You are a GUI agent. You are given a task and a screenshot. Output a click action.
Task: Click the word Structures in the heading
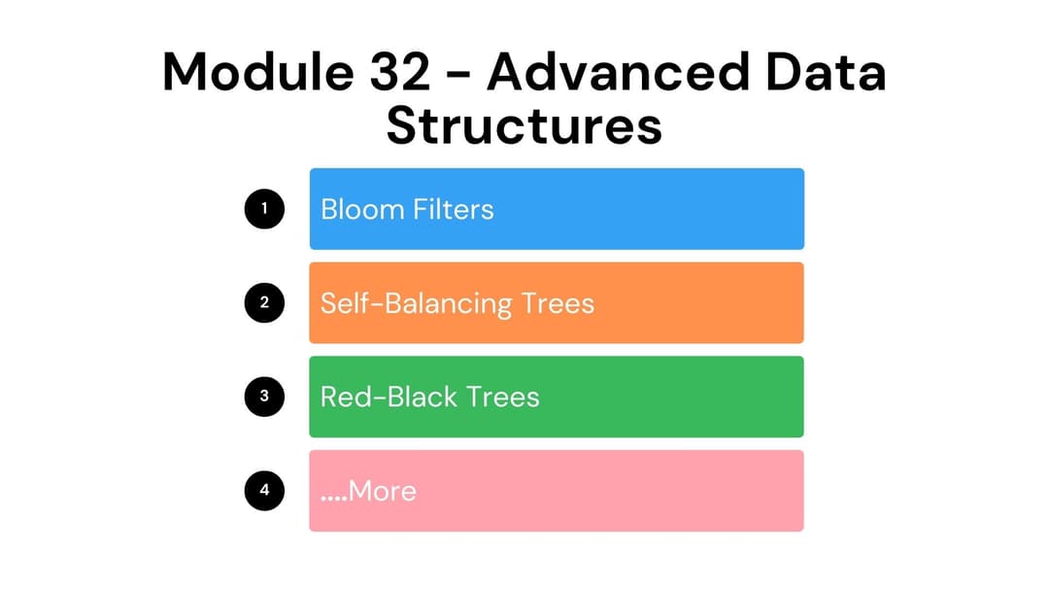pos(524,126)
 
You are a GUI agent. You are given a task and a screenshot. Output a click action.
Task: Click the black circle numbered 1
pos(264,208)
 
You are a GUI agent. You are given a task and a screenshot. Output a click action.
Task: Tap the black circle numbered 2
pos(264,302)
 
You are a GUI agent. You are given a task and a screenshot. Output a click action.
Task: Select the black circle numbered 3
pos(264,396)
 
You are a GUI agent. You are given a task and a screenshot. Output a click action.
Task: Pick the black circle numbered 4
pos(264,490)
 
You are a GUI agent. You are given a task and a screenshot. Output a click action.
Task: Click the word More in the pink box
pos(383,491)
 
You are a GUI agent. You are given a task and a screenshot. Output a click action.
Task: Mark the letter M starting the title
pos(186,74)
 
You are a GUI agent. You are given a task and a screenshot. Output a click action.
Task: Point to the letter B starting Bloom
pos(328,209)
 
